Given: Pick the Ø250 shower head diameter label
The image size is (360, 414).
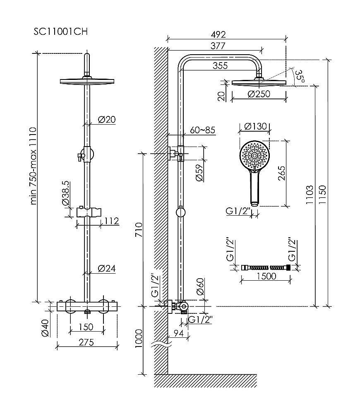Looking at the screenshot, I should (x=259, y=94).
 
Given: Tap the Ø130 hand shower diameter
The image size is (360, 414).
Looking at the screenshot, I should (x=255, y=127).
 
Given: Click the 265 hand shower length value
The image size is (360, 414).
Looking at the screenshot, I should (x=282, y=173).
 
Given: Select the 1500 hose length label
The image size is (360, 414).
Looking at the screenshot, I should (x=266, y=276).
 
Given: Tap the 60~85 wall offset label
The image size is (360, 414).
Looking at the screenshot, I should (x=202, y=130).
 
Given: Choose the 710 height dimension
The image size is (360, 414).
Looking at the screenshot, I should (x=139, y=230).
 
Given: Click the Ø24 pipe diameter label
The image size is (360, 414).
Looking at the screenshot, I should (x=106, y=268).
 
